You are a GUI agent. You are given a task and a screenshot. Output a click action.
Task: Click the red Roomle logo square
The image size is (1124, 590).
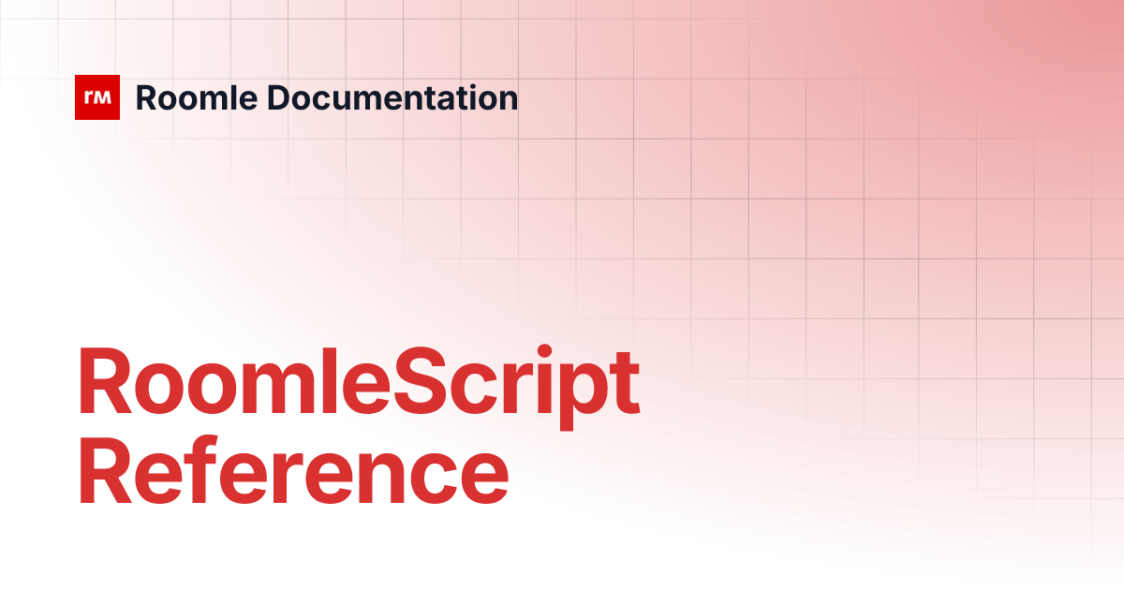(97, 97)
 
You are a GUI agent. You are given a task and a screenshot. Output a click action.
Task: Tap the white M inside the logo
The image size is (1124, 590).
(103, 96)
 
